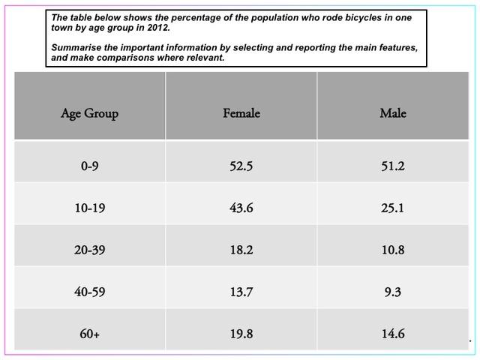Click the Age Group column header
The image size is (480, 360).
tap(89, 114)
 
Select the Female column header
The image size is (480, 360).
tap(241, 114)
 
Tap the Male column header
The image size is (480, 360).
tap(392, 114)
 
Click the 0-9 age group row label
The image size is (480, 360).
tap(89, 166)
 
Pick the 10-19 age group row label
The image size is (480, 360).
tap(89, 208)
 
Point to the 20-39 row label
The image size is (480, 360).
tap(89, 250)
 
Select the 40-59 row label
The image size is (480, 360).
tap(89, 292)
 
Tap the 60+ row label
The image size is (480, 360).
tap(89, 334)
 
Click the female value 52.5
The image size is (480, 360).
tap(241, 166)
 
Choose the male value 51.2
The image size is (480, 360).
tap(392, 166)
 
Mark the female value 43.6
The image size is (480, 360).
tap(241, 208)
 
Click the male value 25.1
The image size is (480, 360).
tap(392, 208)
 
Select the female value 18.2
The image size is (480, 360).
tap(241, 250)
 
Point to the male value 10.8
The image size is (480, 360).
tap(392, 250)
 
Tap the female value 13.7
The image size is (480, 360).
tap(241, 292)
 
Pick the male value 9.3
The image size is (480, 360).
tap(392, 292)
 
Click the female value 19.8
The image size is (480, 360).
tap(241, 334)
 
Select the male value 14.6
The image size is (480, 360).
tap(392, 334)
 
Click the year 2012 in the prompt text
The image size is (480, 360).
tap(158, 27)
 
